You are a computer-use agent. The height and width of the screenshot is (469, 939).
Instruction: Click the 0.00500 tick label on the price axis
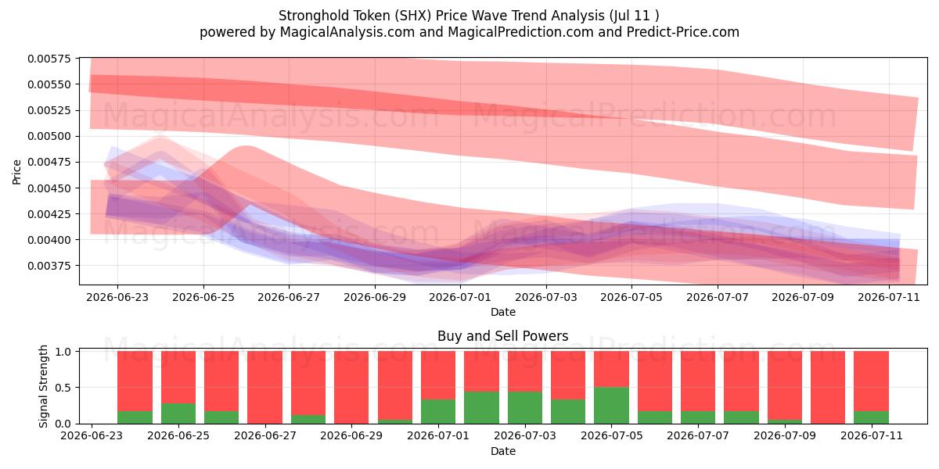pyautogui.click(x=50, y=136)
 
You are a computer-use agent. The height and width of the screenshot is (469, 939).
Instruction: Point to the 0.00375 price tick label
pyautogui.click(x=50, y=266)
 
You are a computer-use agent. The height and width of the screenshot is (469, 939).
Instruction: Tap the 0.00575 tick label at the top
pyautogui.click(x=50, y=59)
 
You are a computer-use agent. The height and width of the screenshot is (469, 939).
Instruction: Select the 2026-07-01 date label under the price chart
pyautogui.click(x=460, y=297)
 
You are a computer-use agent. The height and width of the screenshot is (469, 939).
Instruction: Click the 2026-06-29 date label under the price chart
pyautogui.click(x=375, y=297)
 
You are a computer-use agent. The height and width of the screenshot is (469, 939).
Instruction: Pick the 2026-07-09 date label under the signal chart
pyautogui.click(x=785, y=436)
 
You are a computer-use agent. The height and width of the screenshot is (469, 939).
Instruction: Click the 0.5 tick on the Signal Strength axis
pyautogui.click(x=63, y=388)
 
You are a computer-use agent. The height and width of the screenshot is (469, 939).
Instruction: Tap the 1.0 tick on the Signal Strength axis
pyautogui.click(x=63, y=352)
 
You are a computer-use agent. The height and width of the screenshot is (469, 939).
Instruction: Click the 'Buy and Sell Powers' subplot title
pyautogui.click(x=502, y=336)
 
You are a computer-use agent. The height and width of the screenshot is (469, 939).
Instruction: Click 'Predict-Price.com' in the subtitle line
pyautogui.click(x=683, y=32)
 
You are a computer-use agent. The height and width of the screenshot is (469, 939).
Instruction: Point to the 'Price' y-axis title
pyautogui.click(x=16, y=172)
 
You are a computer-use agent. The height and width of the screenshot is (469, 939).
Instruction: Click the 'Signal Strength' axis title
pyautogui.click(x=43, y=386)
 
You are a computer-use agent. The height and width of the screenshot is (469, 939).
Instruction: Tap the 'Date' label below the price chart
pyautogui.click(x=503, y=312)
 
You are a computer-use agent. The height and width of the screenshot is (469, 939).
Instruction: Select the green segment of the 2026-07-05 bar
pyautogui.click(x=612, y=406)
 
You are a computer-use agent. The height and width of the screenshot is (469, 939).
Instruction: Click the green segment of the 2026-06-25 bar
pyautogui.click(x=178, y=414)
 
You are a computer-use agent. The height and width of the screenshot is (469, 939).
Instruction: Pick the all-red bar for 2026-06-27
pyautogui.click(x=265, y=388)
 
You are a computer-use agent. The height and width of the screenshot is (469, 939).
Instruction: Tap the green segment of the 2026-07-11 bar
pyautogui.click(x=872, y=417)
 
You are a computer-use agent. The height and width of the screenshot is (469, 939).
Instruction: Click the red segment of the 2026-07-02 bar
pyautogui.click(x=482, y=371)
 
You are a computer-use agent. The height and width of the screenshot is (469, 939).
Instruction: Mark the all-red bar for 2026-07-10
pyautogui.click(x=828, y=388)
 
